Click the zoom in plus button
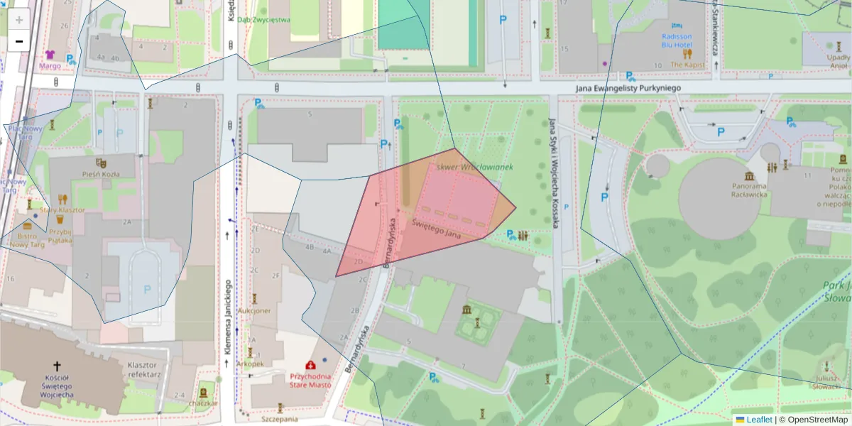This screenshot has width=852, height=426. pos(19,20)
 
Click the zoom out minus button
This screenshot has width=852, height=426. pos(19,42)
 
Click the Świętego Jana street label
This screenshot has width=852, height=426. pos(437,229)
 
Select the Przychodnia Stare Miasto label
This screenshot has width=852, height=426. pos(310,381)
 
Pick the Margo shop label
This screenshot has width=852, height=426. pos(50,65)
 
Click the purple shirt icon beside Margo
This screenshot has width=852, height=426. pos(50,54)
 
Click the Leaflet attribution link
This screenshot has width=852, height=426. pos(758,420)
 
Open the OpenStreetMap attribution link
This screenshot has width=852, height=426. pos(817,420)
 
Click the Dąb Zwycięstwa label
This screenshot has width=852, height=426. pos(263,20)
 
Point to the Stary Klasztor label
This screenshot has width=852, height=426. pos(62,210)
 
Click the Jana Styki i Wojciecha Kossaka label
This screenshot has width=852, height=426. pos(552,174)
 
